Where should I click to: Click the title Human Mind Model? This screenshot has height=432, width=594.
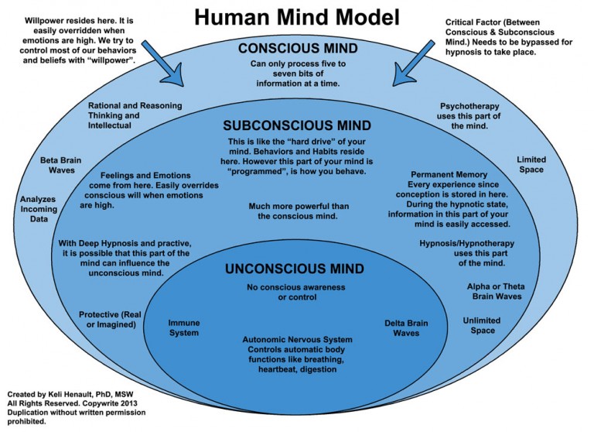click(x=298, y=17)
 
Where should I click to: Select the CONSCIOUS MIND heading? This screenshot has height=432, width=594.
click(x=296, y=48)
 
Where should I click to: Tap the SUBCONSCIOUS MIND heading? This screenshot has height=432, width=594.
click(x=297, y=125)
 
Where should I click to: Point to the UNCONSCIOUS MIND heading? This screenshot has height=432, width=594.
click(x=296, y=269)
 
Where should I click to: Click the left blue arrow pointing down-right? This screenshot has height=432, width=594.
click(x=159, y=61)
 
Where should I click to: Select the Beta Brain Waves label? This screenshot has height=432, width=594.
click(x=61, y=166)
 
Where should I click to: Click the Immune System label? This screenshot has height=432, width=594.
click(x=183, y=327)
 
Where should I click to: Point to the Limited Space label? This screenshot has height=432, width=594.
click(x=531, y=165)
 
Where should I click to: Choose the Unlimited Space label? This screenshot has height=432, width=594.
click(x=481, y=325)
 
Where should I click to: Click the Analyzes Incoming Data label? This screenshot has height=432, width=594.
click(x=39, y=209)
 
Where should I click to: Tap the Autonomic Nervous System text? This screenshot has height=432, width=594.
click(x=297, y=339)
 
